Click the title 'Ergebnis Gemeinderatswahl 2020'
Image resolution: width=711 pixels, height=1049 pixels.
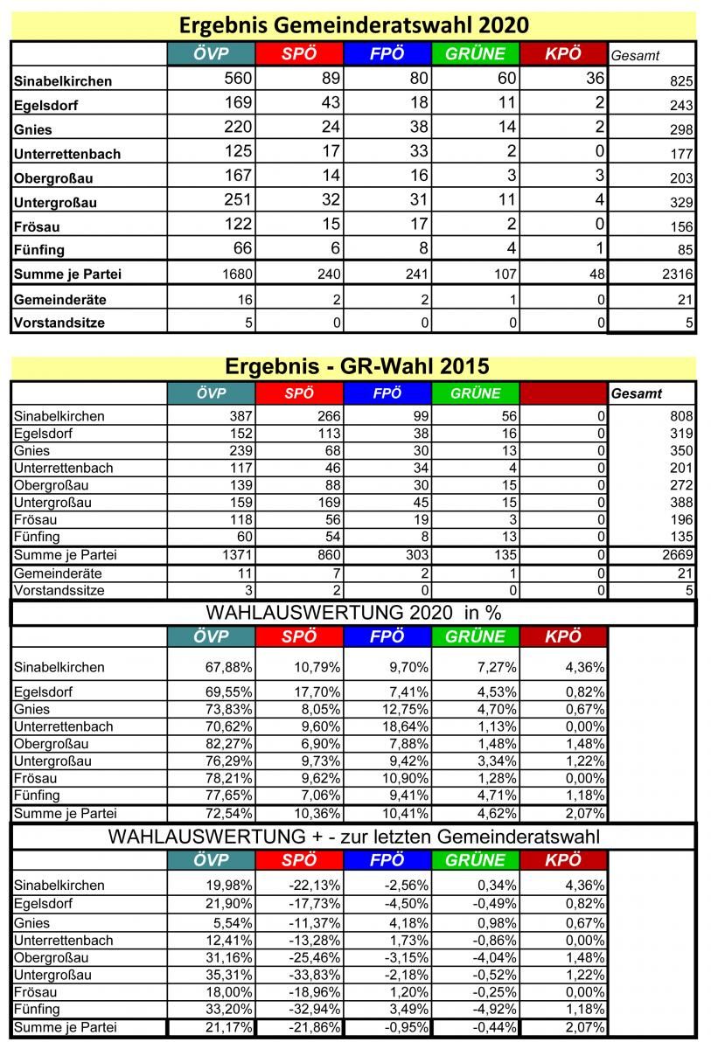pyautogui.click(x=354, y=24)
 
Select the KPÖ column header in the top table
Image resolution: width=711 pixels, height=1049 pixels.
pyautogui.click(x=562, y=54)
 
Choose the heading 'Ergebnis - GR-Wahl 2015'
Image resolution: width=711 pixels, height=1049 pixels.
pyautogui.click(x=354, y=365)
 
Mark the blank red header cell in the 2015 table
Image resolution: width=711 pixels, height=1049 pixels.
pyautogui.click(x=562, y=393)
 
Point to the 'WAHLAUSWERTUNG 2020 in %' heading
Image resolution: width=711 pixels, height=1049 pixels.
pyautogui.click(x=354, y=613)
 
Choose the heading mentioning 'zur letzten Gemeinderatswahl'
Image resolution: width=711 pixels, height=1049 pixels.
pyautogui.click(x=354, y=837)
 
